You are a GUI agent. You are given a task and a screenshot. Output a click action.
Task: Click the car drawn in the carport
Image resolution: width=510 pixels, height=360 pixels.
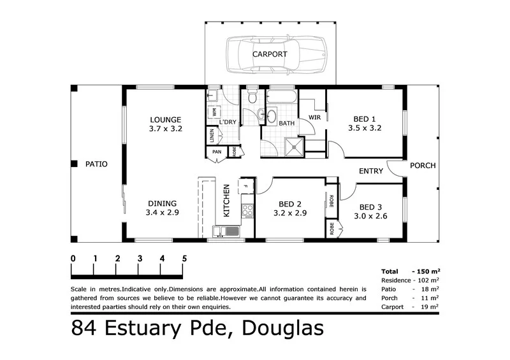276,54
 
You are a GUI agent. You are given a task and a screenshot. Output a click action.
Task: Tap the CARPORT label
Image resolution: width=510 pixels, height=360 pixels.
270,55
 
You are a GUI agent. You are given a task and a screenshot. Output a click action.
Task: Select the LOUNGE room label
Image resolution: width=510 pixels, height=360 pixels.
166,119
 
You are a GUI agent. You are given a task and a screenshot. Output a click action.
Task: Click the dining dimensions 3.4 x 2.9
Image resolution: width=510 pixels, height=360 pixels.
162,213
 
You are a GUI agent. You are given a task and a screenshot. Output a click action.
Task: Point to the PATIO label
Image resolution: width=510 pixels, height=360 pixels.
96,164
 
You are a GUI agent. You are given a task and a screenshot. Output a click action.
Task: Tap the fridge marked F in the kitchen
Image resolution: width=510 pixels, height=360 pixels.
245,186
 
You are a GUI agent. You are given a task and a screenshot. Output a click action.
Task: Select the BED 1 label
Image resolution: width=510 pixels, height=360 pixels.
365,118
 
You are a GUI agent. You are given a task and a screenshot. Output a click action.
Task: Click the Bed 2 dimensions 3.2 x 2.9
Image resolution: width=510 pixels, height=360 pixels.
290,213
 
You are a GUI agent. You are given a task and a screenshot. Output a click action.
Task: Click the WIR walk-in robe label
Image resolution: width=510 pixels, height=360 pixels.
314,118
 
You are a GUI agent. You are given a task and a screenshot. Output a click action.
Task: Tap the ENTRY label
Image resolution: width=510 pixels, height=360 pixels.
370,171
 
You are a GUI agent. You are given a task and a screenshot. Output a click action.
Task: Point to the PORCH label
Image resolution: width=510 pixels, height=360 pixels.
423,166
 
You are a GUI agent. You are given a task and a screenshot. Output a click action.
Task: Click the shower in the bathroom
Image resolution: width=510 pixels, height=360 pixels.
294,147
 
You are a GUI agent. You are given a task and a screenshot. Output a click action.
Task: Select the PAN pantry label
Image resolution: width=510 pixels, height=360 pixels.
217,152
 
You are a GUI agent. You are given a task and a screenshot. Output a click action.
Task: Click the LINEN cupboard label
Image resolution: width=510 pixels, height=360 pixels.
211,136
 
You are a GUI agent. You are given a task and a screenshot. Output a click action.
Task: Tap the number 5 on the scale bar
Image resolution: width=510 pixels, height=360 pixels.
184,259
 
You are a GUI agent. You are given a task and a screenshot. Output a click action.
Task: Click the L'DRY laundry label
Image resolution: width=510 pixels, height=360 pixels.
228,122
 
